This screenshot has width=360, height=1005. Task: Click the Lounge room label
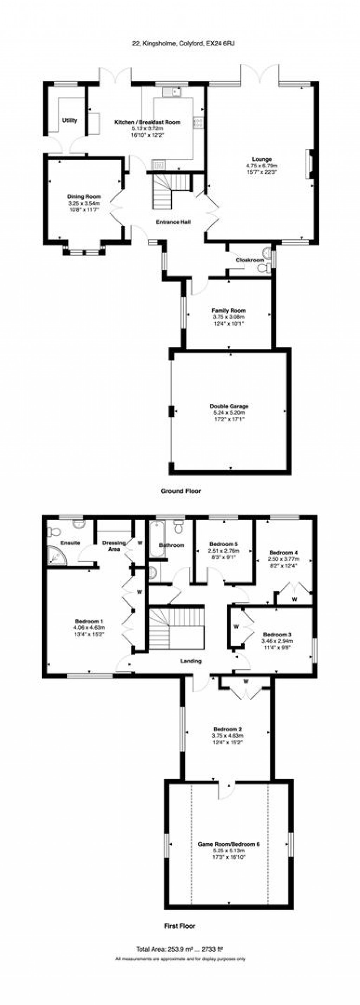(261, 159)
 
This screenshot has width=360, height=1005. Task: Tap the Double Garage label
(229, 406)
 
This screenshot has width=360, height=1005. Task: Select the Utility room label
(70, 121)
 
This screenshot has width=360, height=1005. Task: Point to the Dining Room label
(84, 197)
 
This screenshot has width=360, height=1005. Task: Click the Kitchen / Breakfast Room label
(147, 122)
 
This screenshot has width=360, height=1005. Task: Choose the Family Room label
(229, 311)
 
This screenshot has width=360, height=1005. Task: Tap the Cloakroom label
(250, 260)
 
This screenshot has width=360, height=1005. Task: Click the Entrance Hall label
(173, 222)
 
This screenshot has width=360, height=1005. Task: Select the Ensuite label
(70, 543)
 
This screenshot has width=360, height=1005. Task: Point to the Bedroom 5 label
(224, 544)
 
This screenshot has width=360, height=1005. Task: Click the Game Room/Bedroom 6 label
(229, 844)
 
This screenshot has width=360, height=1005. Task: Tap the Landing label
(191, 661)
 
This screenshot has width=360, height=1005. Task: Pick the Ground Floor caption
(181, 491)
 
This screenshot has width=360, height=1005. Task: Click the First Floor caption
(179, 926)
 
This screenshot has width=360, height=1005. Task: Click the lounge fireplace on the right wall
(309, 164)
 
